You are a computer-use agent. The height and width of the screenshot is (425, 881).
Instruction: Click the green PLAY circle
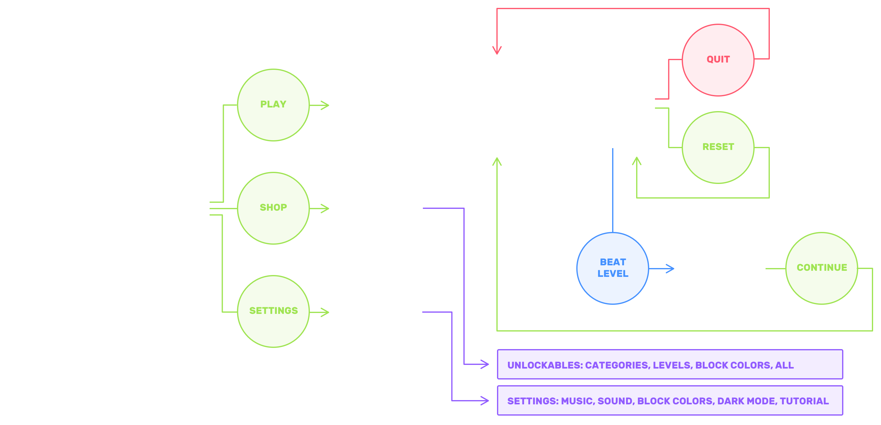(x=273, y=105)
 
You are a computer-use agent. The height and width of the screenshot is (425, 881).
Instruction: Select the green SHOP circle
(x=273, y=208)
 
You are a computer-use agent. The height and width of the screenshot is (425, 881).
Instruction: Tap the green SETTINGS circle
(x=273, y=311)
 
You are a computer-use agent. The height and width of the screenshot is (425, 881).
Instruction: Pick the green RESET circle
(x=718, y=147)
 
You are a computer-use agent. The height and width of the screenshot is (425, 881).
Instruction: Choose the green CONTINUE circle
(x=821, y=268)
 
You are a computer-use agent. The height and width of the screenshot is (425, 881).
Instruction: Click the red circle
(x=718, y=60)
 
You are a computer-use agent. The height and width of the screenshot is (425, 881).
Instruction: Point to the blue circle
(x=612, y=268)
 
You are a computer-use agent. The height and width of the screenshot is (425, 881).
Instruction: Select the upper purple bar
(x=670, y=364)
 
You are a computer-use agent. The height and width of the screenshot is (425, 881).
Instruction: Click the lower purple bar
(x=670, y=400)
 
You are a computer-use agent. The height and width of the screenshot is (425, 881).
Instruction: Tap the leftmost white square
(x=51, y=208)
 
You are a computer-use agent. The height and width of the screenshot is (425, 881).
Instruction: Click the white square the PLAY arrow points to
(x=380, y=106)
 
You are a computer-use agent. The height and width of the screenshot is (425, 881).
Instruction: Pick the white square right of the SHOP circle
(x=380, y=209)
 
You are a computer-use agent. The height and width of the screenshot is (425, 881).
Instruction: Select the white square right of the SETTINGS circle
(x=380, y=312)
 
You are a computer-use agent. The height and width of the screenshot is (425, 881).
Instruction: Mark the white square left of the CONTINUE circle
(x=723, y=268)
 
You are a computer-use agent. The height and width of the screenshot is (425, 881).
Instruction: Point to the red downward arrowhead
(x=497, y=51)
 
